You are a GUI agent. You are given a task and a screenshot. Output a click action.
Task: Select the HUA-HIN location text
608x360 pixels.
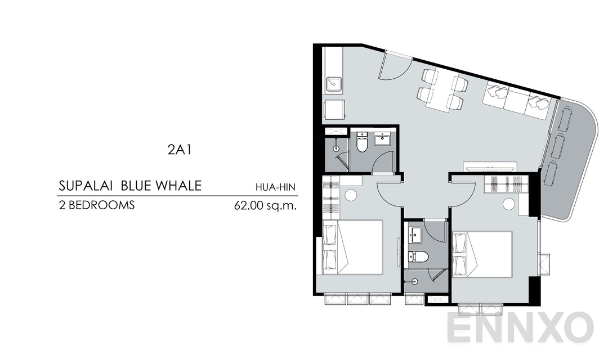coord(276,188)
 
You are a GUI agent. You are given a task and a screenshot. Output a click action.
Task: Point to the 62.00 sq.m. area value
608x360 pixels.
coord(265,206)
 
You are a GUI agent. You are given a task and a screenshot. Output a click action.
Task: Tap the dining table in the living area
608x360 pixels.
coord(441,92)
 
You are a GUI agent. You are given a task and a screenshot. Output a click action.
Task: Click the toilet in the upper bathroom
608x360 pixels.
coord(362,145)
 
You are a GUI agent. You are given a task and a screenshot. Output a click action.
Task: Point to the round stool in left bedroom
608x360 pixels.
coord(351,196)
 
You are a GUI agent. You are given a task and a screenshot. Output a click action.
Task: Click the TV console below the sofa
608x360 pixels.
coord(489,167)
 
